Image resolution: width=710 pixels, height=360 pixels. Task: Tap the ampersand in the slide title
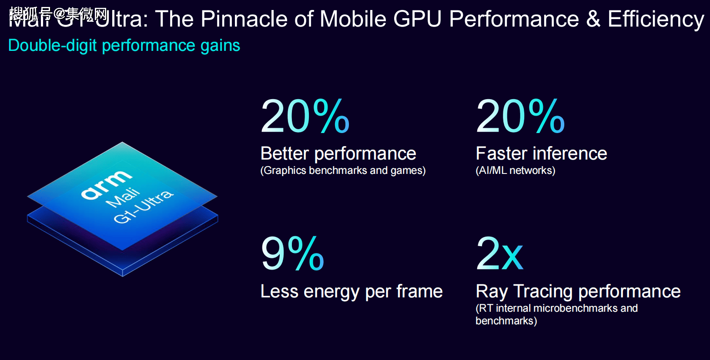pos(593,19)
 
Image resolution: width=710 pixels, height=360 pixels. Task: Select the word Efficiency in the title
pos(656,20)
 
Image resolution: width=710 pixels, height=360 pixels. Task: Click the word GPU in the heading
pos(417,19)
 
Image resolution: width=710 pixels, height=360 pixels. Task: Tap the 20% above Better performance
pos(305,116)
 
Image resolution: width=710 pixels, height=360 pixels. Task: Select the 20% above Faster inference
pos(520,116)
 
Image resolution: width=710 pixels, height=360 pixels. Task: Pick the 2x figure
pos(499,254)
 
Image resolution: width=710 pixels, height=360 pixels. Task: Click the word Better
pos(285,153)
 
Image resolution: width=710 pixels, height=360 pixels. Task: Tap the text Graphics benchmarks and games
pos(343,170)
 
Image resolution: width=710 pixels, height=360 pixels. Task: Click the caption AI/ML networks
pos(516,170)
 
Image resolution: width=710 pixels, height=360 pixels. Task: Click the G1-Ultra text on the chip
pos(144,207)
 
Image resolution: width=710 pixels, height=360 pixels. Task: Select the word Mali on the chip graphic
pos(123,198)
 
